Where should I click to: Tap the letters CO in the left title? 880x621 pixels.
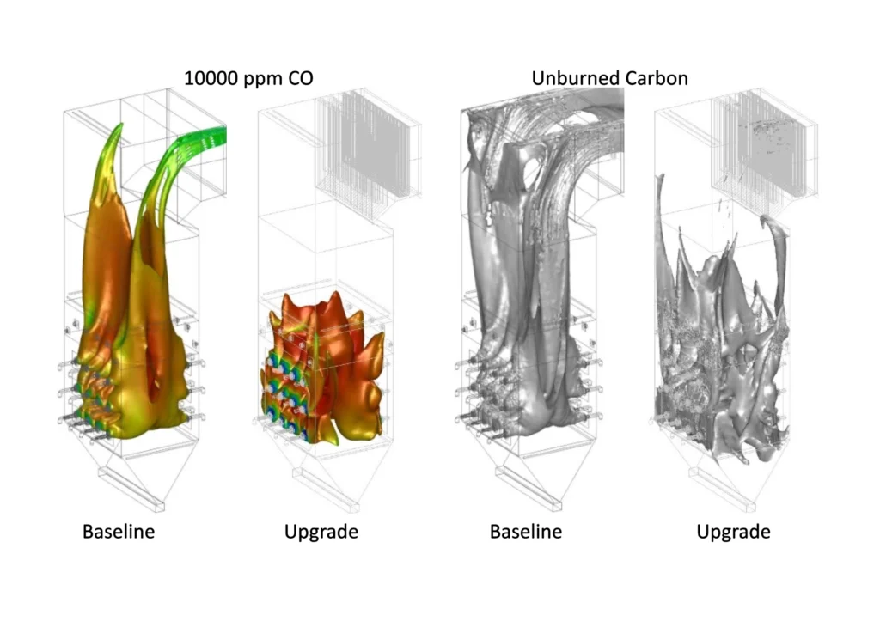click(300, 78)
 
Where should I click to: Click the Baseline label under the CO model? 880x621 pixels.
click(119, 532)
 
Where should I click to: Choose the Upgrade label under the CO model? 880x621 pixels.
click(321, 532)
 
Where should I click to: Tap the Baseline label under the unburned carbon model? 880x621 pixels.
click(526, 532)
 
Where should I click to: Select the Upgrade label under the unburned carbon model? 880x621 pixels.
click(733, 532)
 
